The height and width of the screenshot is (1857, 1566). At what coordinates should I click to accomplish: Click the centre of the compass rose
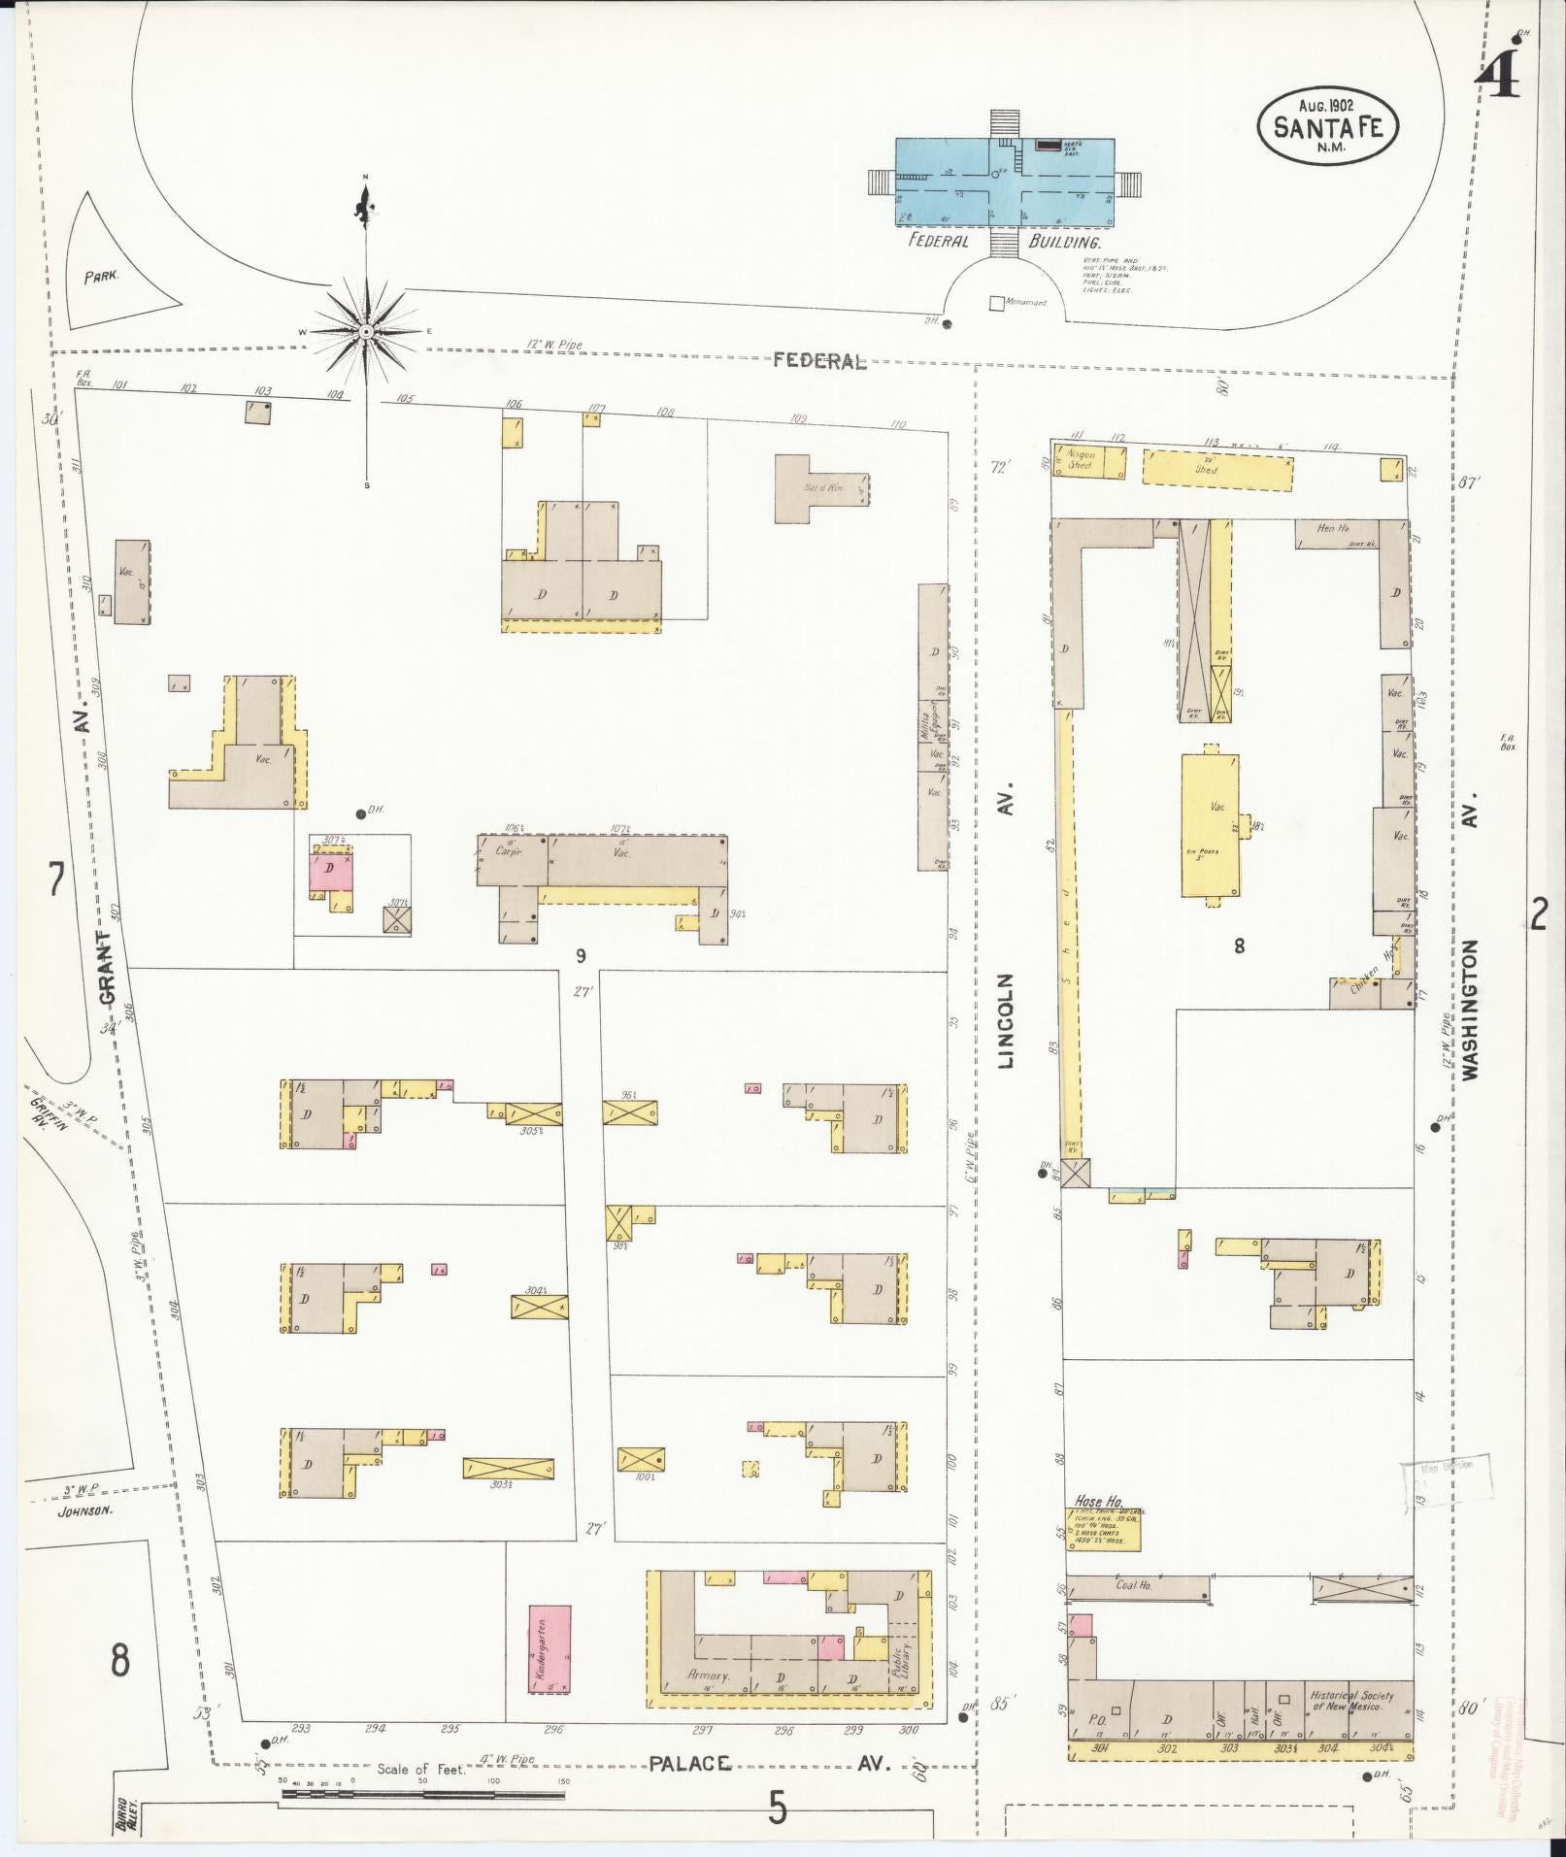pyautogui.click(x=366, y=333)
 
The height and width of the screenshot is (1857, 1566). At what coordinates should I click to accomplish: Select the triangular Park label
pyautogui.click(x=100, y=276)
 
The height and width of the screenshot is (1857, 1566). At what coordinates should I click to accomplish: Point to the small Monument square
pyautogui.click(x=996, y=303)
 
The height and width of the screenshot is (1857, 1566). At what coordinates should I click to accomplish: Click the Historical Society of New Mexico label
pyautogui.click(x=1350, y=1700)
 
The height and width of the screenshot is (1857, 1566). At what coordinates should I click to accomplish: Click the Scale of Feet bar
pyautogui.click(x=422, y=1794)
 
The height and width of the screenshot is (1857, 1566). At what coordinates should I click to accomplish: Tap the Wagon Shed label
pyautogui.click(x=1082, y=459)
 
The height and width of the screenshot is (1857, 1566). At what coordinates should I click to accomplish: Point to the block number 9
pyautogui.click(x=580, y=956)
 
